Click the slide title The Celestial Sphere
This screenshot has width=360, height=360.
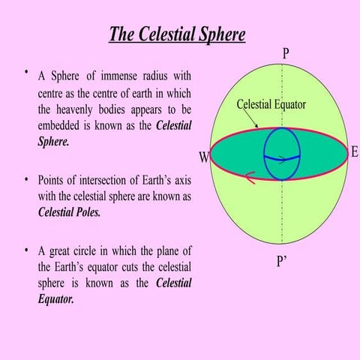tap(177, 35)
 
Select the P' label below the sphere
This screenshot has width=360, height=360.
tap(283, 264)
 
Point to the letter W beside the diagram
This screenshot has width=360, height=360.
tap(203, 158)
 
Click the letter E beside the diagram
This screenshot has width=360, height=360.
tap(354, 152)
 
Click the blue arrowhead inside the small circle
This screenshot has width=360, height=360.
tap(281, 159)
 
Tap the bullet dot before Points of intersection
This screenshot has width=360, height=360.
tap(26, 180)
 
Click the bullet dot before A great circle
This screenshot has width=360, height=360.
tap(26, 250)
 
